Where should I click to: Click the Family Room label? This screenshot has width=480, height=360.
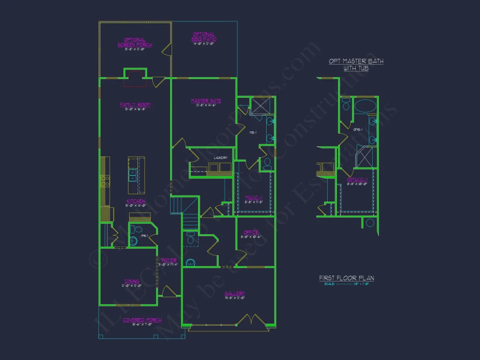coord(135,105)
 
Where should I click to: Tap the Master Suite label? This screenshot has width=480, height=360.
coord(206,101)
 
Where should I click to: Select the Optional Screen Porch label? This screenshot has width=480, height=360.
coord(135,42)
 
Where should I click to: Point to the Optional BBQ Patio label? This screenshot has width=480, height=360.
coord(204,37)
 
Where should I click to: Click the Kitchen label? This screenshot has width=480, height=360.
coord(136,201)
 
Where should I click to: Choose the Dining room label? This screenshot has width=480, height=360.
coord(132,281)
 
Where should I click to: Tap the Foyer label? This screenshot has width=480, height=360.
coord(169,261)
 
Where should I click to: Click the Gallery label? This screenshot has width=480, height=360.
coord(235,294)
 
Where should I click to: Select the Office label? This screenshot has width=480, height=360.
coord(251,233)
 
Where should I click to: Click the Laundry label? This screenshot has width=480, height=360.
coord(220,158)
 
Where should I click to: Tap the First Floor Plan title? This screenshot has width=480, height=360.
coord(346,278)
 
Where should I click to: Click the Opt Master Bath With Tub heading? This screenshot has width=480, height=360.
coord(356,65)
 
